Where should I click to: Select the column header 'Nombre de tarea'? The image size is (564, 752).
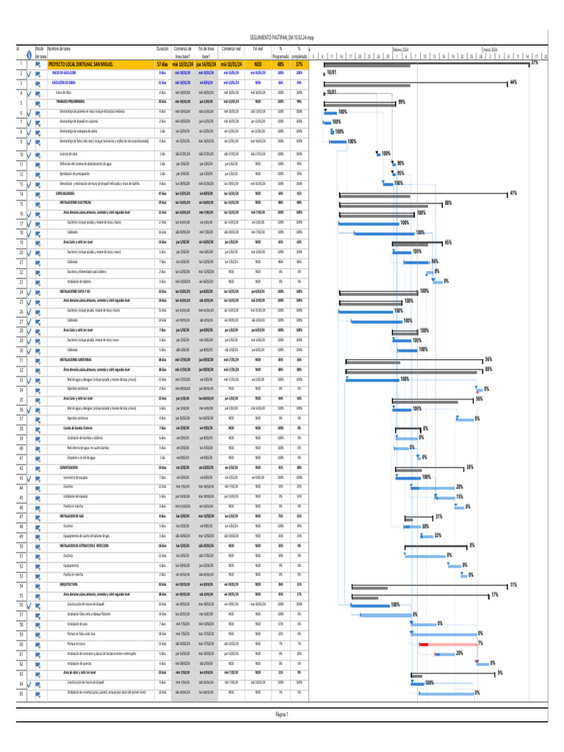coord(59,48)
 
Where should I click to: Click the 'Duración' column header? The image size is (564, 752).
coord(162,48)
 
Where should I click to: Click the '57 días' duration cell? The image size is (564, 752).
coord(162,65)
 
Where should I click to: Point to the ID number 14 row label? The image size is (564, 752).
coord(21,193)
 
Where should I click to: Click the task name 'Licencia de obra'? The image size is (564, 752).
coord(70,153)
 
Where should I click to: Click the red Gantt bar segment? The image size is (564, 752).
coord(424,643)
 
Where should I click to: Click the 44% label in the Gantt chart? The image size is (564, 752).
coord(513,82)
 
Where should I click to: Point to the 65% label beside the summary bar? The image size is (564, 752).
coord(448,242)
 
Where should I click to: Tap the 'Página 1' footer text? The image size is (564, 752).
coord(281,714)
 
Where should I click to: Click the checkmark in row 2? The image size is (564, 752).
coord(28,73)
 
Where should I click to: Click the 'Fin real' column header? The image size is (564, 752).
coord(258,48)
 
